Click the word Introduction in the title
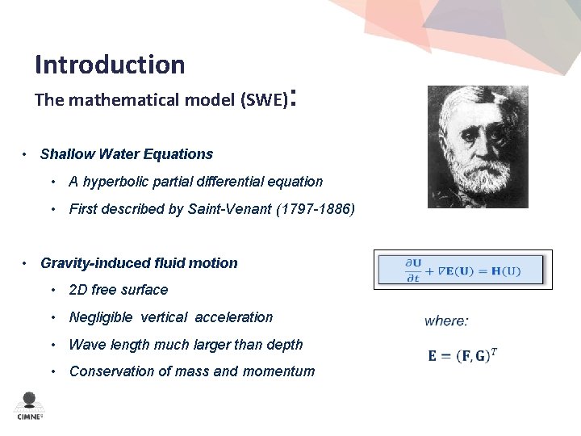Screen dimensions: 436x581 [110, 65]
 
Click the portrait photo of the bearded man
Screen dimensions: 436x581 [478, 147]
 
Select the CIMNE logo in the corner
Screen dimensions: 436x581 [30, 406]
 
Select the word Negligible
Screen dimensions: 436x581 [100, 317]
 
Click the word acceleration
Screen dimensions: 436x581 [233, 317]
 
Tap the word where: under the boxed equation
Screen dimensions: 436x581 [446, 321]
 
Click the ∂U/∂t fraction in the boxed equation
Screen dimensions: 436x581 [413, 270]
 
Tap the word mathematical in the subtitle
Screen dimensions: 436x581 [119, 100]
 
